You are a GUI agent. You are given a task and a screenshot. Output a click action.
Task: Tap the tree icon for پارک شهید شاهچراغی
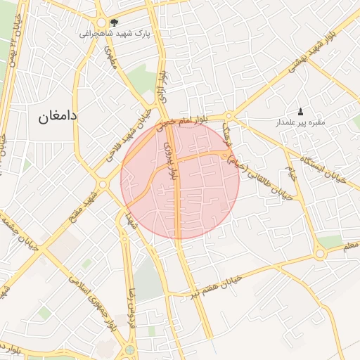click(114, 23)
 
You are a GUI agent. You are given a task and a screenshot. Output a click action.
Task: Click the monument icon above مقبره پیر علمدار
click(301, 112)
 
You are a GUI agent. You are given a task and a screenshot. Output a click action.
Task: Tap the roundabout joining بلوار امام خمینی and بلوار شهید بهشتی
click(229, 117)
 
